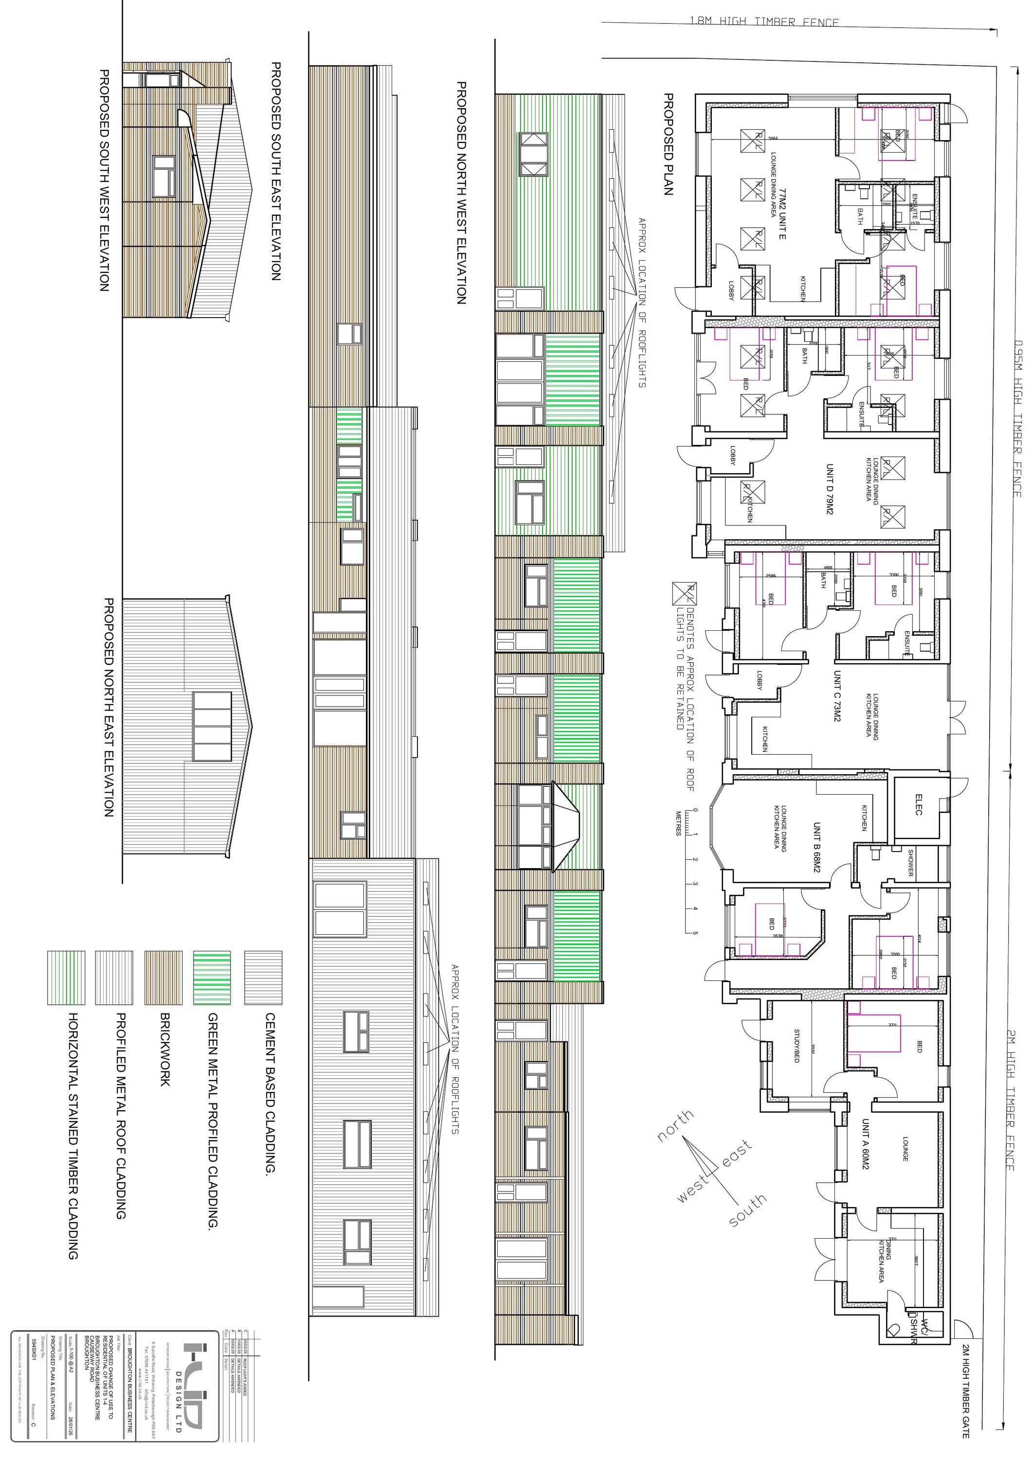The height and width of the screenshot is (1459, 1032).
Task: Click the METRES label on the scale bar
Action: (678, 823)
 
